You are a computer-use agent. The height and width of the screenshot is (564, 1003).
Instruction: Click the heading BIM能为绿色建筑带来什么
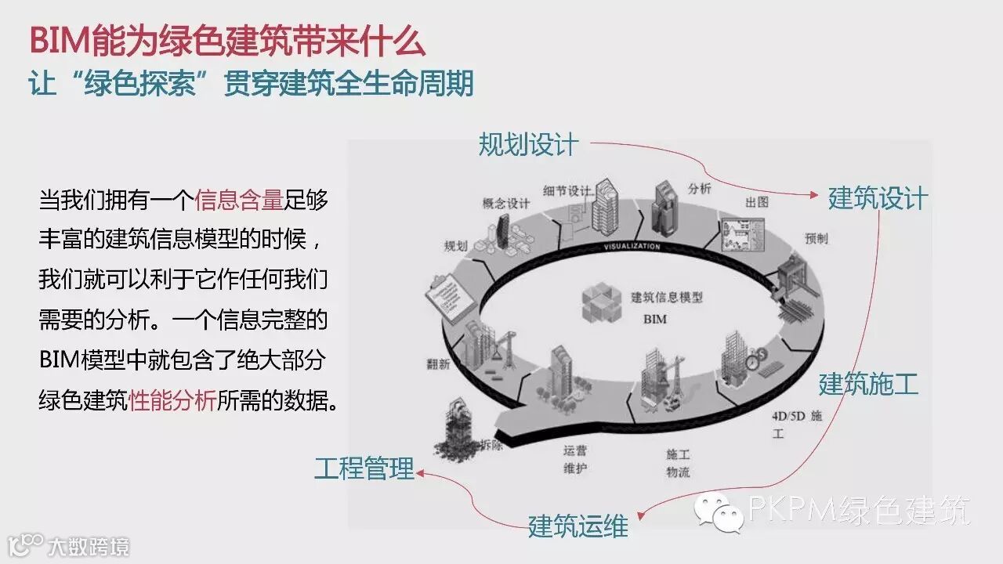(227, 41)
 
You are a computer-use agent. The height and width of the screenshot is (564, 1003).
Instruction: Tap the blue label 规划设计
(528, 144)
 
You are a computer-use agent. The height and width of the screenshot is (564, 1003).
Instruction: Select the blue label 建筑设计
(878, 198)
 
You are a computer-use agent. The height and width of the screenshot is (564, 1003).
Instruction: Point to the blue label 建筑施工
(868, 385)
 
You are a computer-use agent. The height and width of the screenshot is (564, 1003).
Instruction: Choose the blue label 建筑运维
(578, 526)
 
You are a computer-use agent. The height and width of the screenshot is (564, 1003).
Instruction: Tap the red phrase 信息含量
(238, 201)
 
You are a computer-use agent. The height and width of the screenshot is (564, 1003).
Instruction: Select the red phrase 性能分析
(172, 402)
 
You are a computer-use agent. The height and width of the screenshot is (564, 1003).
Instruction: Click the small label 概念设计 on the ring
(506, 203)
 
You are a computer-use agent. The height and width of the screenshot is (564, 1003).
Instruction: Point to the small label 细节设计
(567, 190)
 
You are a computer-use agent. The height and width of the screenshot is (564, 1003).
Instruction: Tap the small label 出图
(756, 202)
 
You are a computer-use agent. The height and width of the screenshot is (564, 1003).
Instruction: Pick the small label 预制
(816, 238)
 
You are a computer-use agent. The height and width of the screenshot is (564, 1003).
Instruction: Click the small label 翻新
(438, 363)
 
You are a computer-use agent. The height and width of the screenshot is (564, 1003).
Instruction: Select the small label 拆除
(491, 444)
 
